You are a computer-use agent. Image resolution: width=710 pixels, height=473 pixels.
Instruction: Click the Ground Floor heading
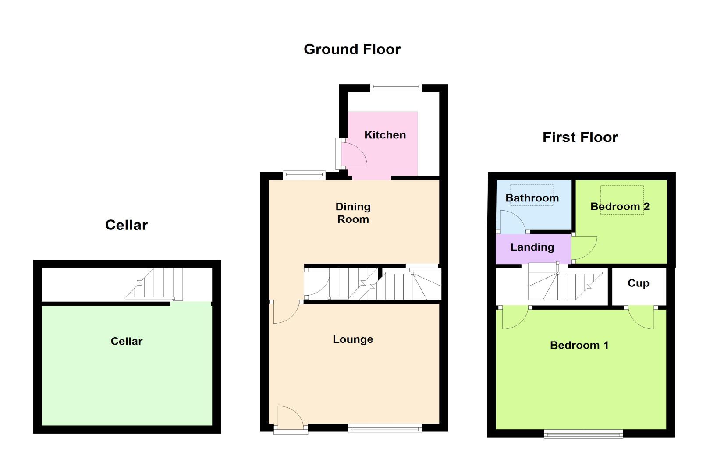coord(352,50)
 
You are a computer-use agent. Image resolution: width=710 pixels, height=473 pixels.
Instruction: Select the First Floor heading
coord(580,138)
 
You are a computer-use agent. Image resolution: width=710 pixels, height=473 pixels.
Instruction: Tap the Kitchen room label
coord(385,135)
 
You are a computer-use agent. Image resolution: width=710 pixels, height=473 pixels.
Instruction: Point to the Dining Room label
coord(353,213)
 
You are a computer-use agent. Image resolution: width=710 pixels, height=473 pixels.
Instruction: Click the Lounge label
coord(353,339)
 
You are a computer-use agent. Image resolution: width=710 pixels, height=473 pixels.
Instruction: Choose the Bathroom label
coord(532,198)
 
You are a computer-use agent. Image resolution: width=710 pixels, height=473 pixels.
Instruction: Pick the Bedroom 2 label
coord(620,207)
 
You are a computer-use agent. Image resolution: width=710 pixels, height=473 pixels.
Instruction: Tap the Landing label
coord(532,247)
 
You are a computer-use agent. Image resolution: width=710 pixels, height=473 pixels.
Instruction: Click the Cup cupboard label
coord(639,283)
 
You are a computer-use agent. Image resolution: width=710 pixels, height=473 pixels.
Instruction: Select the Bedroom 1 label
coord(579,345)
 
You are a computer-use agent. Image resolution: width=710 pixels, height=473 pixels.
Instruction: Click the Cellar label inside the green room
coord(127,341)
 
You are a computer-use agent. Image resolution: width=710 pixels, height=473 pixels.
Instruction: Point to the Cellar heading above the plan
coord(127,225)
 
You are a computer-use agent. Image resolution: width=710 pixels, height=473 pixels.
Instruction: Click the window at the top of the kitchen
coord(396,88)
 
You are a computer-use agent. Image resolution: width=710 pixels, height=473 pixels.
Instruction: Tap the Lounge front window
coord(385,428)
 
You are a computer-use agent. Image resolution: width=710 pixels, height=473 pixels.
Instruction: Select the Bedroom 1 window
coord(583,434)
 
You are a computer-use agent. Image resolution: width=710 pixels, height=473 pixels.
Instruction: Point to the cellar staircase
coord(154,283)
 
